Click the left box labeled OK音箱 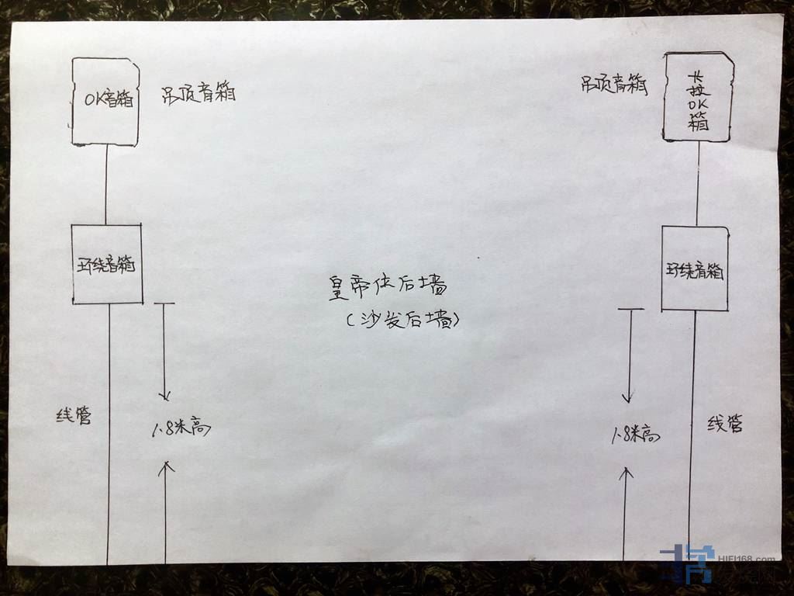click(105, 101)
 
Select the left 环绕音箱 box click(107, 265)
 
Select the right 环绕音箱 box click(695, 269)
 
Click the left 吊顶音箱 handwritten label click(198, 94)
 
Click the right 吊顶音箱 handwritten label click(614, 85)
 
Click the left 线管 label click(74, 416)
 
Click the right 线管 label click(725, 424)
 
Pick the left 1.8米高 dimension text click(181, 428)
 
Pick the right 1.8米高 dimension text click(634, 435)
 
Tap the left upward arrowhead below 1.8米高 click(165, 466)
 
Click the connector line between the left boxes click(106, 185)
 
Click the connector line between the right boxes click(697, 184)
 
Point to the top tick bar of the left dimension click(164, 304)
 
